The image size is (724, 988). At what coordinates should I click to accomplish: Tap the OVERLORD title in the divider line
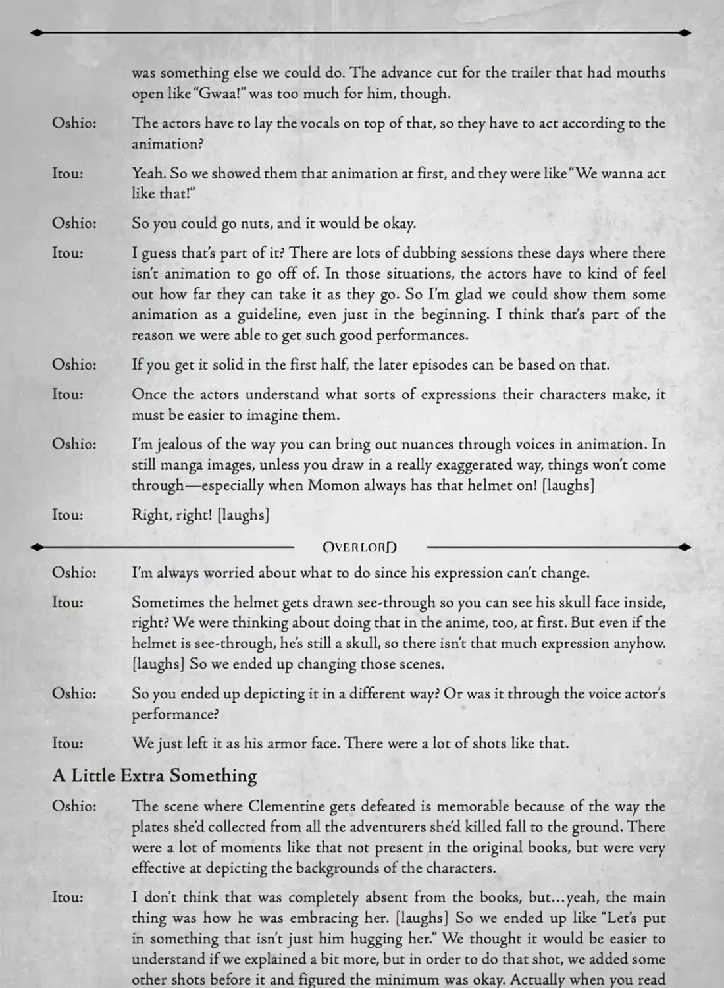[x=360, y=547]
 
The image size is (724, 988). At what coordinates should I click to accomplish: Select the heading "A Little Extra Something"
[x=155, y=775]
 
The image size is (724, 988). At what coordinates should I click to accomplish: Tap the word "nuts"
[x=255, y=223]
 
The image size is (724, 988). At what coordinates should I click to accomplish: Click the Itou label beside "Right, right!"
[x=68, y=515]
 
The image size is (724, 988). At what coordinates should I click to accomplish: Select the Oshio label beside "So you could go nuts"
[x=74, y=223]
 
